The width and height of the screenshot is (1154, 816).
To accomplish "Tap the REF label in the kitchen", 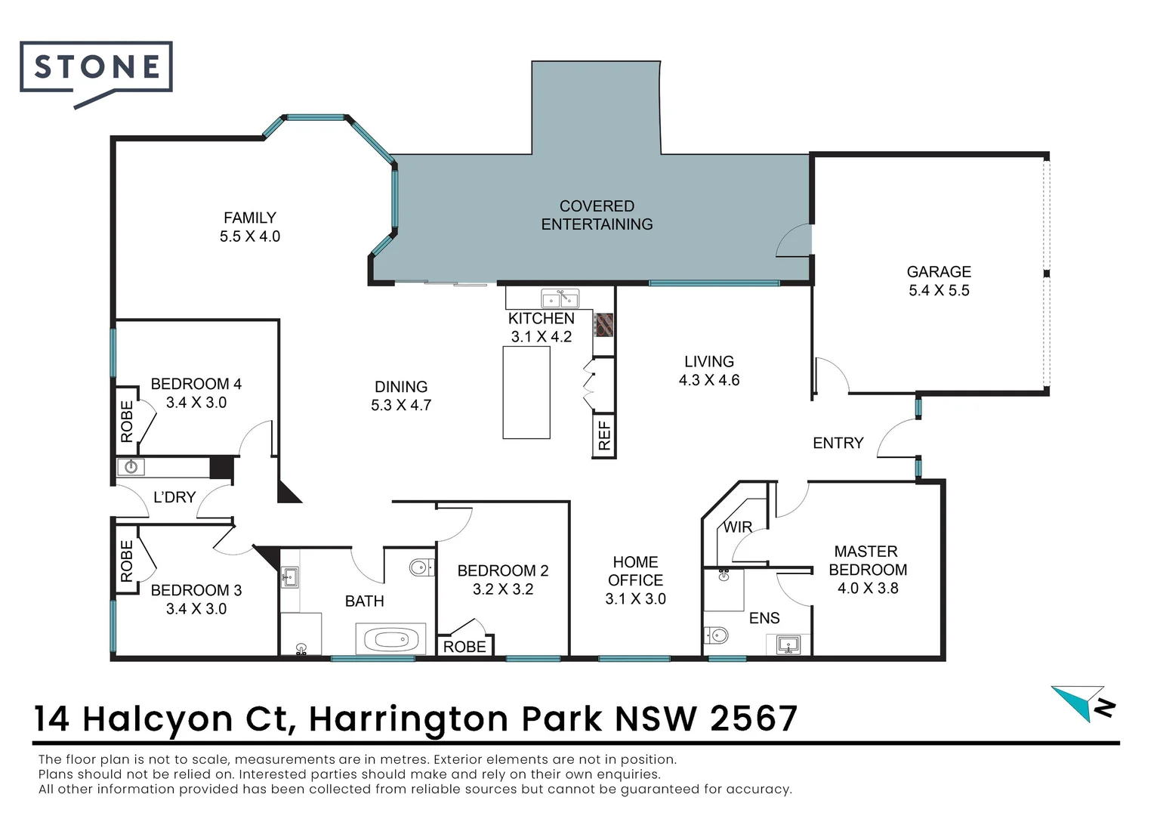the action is tap(604, 436).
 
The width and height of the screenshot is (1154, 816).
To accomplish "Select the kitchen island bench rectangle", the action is tap(526, 392).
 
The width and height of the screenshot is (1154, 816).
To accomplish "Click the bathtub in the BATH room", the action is tap(391, 640).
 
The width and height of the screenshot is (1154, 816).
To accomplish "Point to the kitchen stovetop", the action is tap(603, 325).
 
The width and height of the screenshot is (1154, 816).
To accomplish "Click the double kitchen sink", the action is tap(560, 298).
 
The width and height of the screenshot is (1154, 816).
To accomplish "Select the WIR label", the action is tap(738, 527).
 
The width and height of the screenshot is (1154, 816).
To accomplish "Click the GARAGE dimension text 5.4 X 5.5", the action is tap(939, 290).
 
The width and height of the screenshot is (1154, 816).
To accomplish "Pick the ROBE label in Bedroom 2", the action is tap(464, 647).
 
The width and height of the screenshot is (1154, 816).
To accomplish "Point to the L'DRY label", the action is tap(174, 497).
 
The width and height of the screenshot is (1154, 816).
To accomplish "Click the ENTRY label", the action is tap(838, 443).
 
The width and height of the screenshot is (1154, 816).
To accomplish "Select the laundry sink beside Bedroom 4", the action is tap(131, 467).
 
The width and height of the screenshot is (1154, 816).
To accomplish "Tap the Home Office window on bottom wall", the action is tap(634, 658).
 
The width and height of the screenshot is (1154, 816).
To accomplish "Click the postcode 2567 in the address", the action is tap(754, 719).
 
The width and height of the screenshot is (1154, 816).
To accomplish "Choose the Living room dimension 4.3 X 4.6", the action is tap(709, 380).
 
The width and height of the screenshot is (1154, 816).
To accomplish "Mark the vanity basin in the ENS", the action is tap(788, 644).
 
